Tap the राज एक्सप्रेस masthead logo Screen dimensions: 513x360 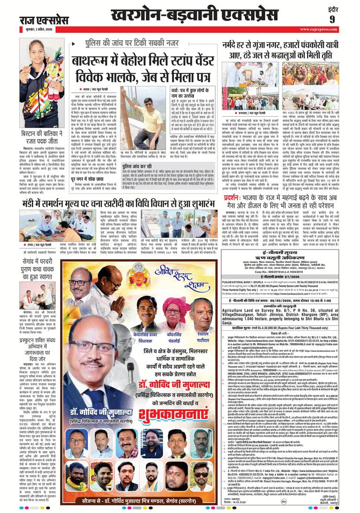click(x=44, y=20)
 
